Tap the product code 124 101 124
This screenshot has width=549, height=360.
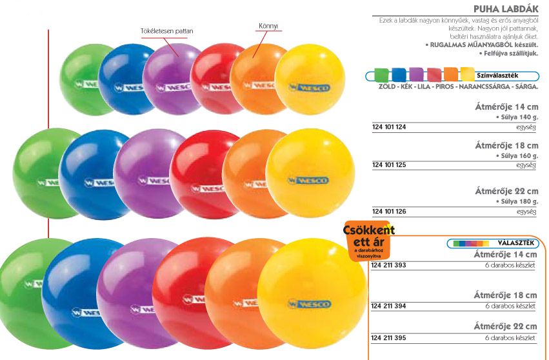pyautogui.click(x=389, y=127)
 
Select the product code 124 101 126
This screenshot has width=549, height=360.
pyautogui.click(x=389, y=211)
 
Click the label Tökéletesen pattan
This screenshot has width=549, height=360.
pyautogui.click(x=167, y=31)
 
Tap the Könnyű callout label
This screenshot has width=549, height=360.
pyautogui.click(x=268, y=26)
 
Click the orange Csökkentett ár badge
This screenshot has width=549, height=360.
pyautogui.click(x=368, y=239)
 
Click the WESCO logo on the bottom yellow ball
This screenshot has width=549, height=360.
pyautogui.click(x=310, y=303)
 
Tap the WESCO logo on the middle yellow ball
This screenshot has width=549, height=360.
pyautogui.click(x=309, y=180)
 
